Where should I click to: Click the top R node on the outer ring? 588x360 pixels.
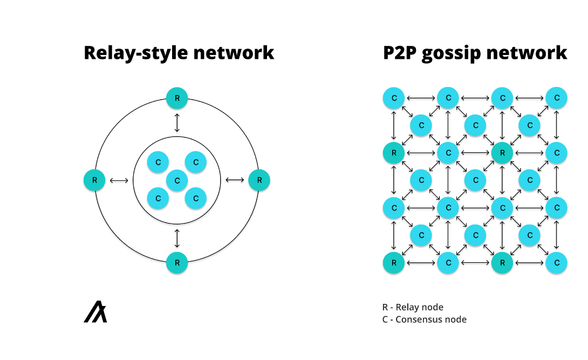pyautogui.click(x=177, y=98)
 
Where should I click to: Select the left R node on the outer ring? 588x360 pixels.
pyautogui.click(x=94, y=180)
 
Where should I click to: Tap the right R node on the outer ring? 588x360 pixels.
pyautogui.click(x=259, y=180)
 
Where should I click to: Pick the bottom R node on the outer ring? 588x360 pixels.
pyautogui.click(x=177, y=263)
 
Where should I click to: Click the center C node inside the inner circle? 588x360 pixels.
pyautogui.click(x=177, y=180)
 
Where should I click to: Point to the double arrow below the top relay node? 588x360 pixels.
pyautogui.click(x=177, y=123)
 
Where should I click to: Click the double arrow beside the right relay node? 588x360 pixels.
pyautogui.click(x=235, y=180)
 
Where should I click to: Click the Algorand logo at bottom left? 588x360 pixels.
pyautogui.click(x=95, y=313)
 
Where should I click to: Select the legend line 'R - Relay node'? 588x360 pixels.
pyautogui.click(x=413, y=307)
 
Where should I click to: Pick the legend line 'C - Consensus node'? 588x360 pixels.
pyautogui.click(x=424, y=320)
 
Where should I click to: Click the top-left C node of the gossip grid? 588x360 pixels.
pyautogui.click(x=394, y=98)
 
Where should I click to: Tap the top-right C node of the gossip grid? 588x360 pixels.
pyautogui.click(x=556, y=98)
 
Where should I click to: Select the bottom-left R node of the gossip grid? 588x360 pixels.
pyautogui.click(x=394, y=263)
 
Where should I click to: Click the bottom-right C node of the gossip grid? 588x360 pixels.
pyautogui.click(x=556, y=263)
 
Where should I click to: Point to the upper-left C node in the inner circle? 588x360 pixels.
pyautogui.click(x=158, y=162)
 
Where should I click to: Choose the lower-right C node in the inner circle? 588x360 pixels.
pyautogui.click(x=196, y=199)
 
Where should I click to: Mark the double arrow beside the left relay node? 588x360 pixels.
pyautogui.click(x=119, y=180)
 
